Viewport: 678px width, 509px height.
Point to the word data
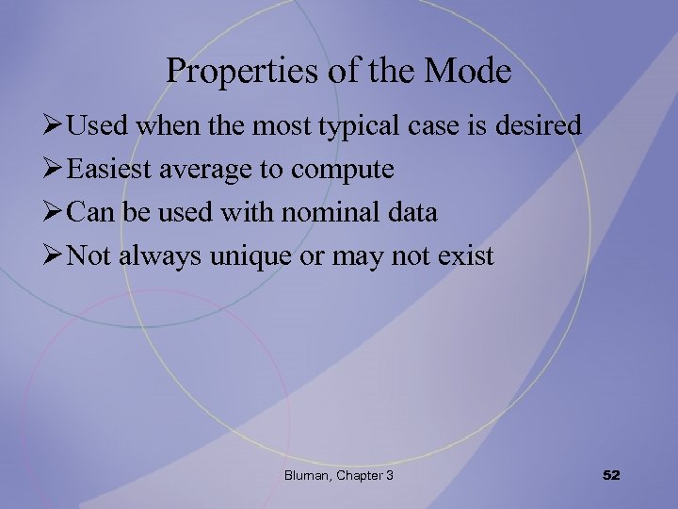tap(412, 212)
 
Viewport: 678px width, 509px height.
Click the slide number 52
tap(611, 476)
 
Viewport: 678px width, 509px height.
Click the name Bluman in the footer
tap(306, 476)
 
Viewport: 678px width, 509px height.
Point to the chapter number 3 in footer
tap(389, 476)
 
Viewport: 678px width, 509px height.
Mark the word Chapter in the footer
tap(357, 476)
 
